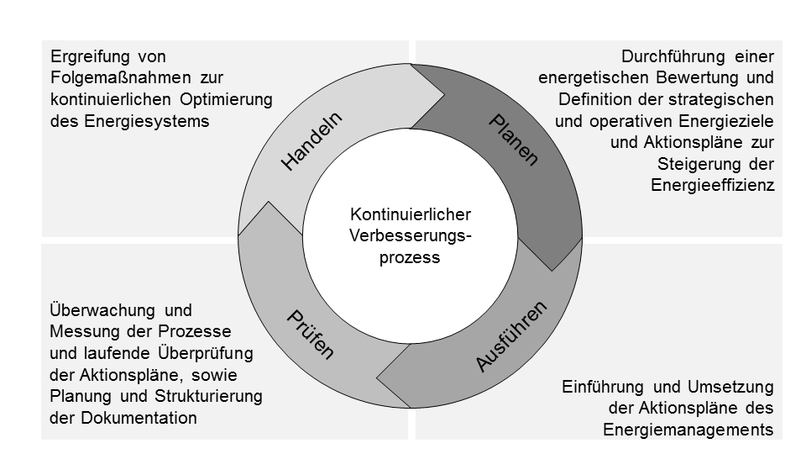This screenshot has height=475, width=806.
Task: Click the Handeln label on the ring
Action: (312, 141)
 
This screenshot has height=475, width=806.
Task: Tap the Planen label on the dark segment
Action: (513, 140)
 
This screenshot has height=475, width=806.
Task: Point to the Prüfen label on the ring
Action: (311, 335)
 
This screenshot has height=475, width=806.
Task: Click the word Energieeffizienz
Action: (712, 185)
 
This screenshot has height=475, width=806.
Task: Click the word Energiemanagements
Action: (688, 430)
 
